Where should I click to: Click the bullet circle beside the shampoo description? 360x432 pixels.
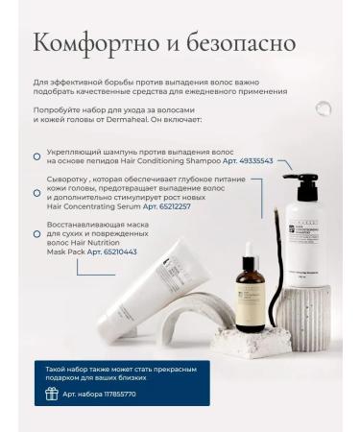(x=36, y=156)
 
